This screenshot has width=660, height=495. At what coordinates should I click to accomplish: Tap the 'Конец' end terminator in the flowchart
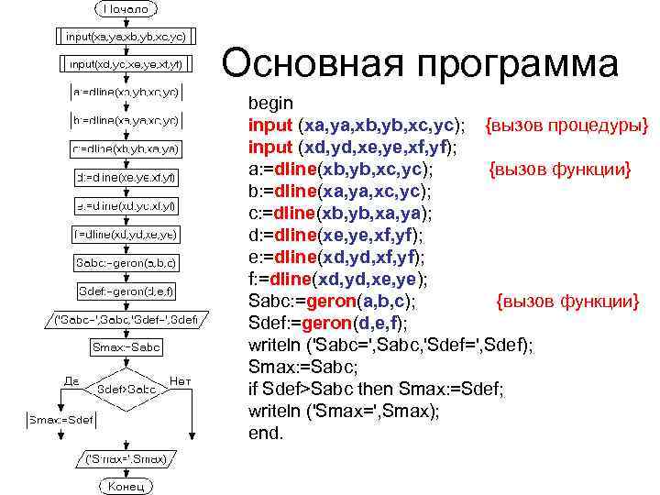tap(126, 486)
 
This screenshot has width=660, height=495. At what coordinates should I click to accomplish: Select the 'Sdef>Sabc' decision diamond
tap(126, 389)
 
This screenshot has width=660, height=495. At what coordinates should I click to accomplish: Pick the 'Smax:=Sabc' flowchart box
tap(126, 347)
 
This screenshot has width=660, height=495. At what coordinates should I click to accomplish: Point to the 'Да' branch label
tap(71, 379)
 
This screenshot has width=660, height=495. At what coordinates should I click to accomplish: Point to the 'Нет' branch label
tap(181, 379)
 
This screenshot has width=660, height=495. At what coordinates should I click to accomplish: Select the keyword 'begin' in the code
tap(271, 103)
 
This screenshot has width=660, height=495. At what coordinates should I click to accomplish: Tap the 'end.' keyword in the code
tap(267, 433)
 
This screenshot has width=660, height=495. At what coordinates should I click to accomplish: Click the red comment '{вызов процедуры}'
tap(566, 125)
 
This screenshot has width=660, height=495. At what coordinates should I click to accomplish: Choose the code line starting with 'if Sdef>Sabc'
tap(376, 389)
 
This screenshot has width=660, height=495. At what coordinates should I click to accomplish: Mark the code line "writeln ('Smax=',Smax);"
tap(344, 411)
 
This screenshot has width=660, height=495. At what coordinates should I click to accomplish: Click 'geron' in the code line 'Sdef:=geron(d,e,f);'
tap(329, 323)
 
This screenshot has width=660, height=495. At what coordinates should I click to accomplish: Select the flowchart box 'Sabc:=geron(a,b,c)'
tap(126, 264)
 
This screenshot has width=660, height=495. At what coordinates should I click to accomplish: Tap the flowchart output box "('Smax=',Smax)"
tap(126, 457)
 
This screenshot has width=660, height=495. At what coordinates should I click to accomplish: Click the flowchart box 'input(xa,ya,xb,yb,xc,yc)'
tap(126, 37)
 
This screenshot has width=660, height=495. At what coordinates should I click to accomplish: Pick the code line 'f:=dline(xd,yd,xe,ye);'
tap(338, 279)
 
